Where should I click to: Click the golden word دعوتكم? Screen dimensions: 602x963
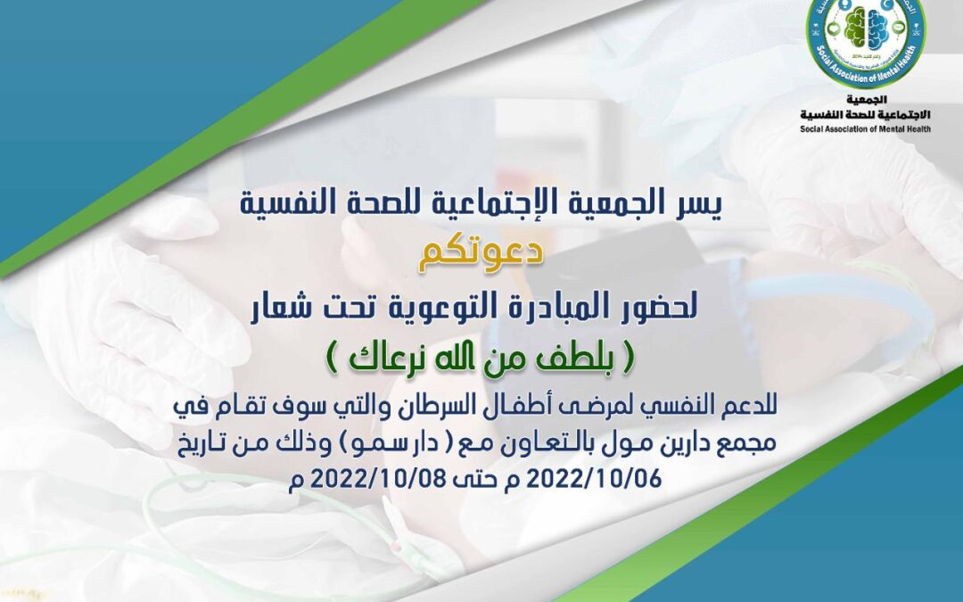coord(482,256)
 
